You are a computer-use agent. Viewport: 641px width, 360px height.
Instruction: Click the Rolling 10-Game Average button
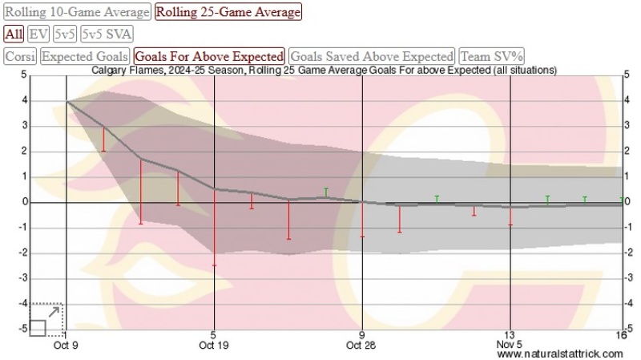point(77,13)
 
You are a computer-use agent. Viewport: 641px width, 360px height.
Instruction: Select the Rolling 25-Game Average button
point(228,13)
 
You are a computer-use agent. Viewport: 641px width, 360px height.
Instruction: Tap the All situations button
point(14,34)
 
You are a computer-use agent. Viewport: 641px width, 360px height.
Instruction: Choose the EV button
point(38,34)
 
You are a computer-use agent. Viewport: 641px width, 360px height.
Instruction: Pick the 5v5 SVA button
point(107,34)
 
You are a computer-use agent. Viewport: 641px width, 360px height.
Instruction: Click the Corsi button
point(20,56)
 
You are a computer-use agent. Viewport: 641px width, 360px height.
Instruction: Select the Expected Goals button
point(85,56)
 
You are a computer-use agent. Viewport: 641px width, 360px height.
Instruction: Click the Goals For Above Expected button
point(210,56)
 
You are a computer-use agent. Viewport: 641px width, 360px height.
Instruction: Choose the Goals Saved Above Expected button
point(372,56)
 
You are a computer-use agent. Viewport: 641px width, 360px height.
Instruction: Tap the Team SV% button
point(491,56)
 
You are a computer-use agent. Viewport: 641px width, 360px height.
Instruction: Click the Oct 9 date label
point(66,346)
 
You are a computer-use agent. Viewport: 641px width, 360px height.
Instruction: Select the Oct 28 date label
point(362,346)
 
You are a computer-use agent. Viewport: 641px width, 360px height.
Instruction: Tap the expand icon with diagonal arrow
point(45,320)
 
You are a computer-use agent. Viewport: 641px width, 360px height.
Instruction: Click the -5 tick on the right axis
point(628,328)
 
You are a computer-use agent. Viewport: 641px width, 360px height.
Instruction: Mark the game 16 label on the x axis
point(621,334)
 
